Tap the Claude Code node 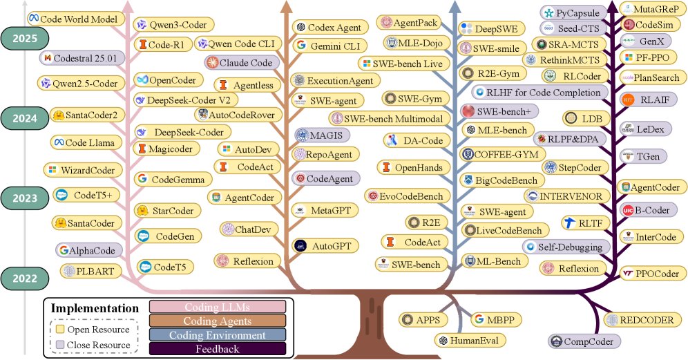[x=240, y=63]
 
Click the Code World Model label [x=73, y=17]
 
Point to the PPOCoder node [x=649, y=273]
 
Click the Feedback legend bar [x=217, y=349]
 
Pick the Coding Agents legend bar [x=217, y=321]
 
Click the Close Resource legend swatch [x=61, y=345]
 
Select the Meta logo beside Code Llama [x=60, y=143]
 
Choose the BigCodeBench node [x=499, y=180]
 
